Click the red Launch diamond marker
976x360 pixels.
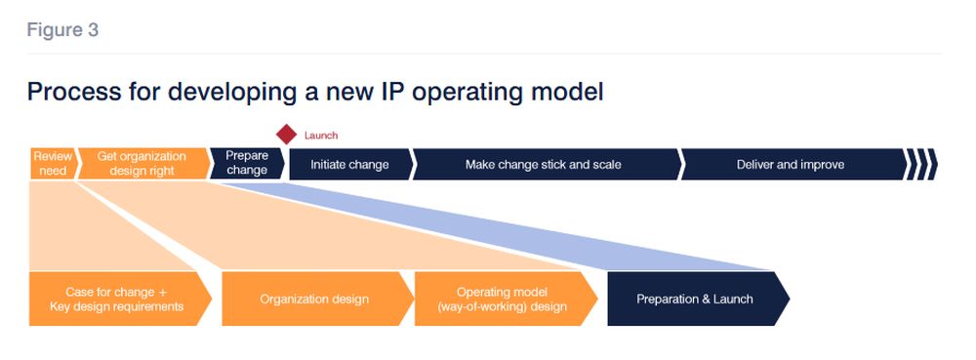[x=286, y=135]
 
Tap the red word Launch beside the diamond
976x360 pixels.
[x=321, y=135]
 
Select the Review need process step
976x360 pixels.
[x=53, y=164]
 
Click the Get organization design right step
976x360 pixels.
[x=142, y=164]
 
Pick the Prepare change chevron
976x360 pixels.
[x=247, y=164]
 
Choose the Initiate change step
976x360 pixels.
[x=350, y=164]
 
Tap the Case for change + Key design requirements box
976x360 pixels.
[x=119, y=299]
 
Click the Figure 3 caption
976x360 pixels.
[x=62, y=30]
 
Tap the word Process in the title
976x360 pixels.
[x=74, y=92]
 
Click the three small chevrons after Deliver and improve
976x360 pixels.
[x=922, y=164]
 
